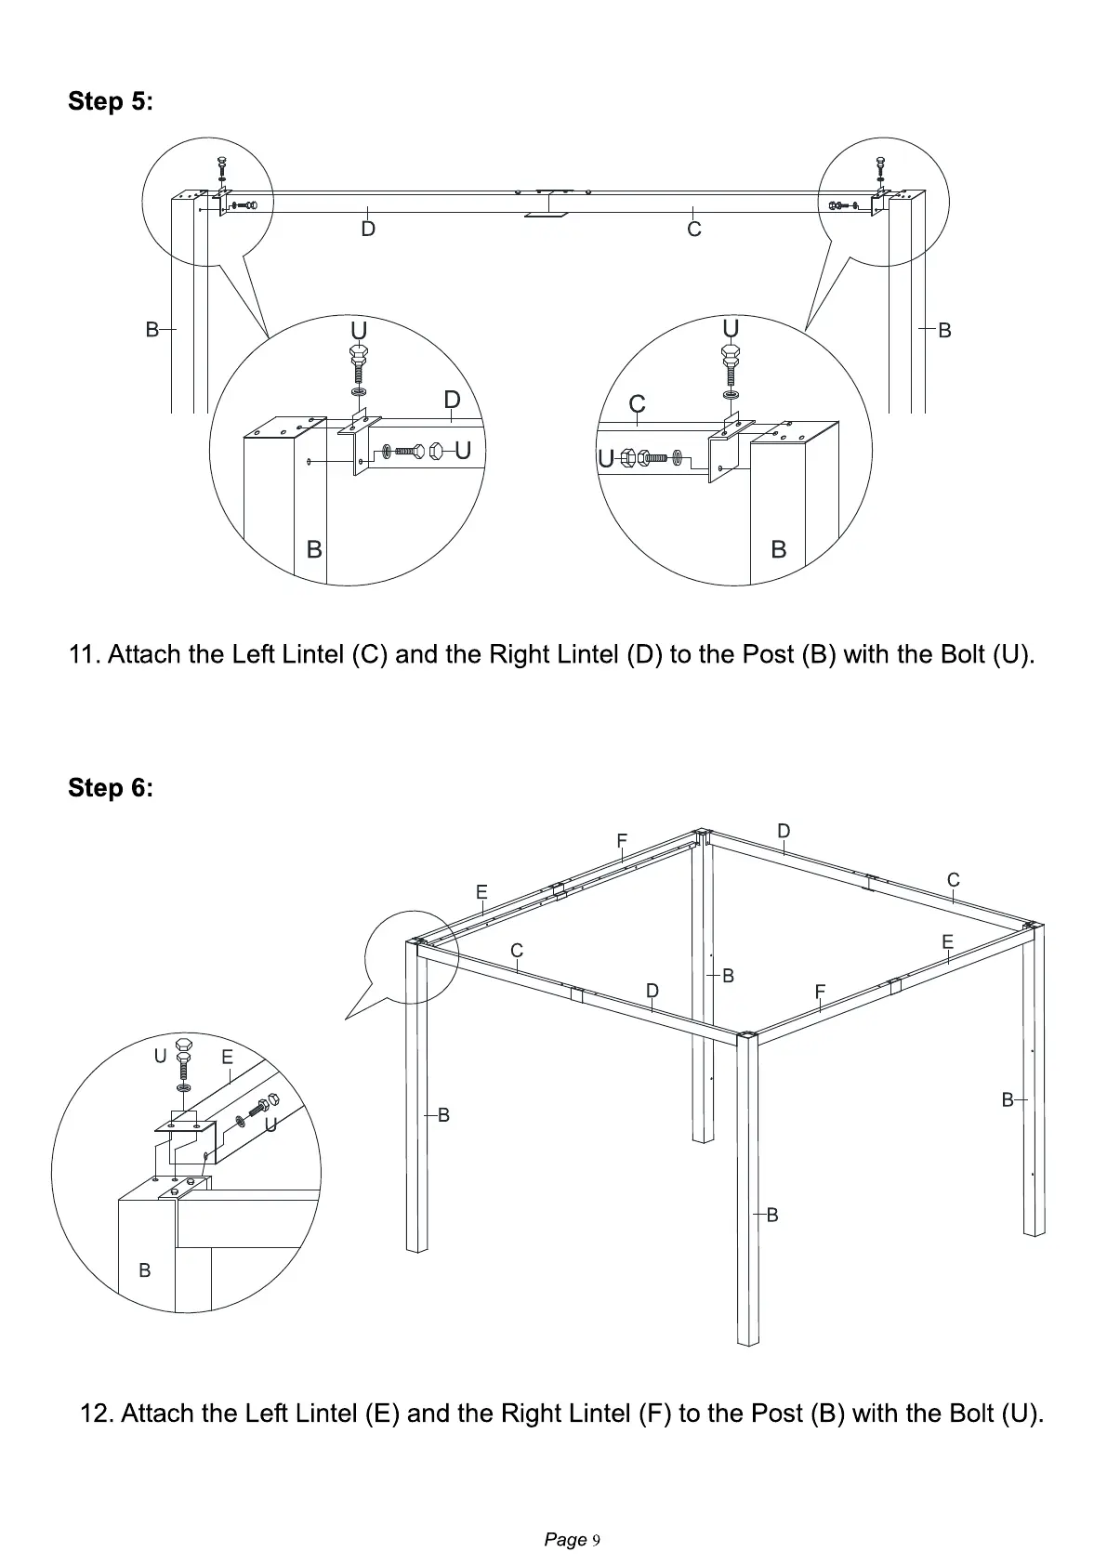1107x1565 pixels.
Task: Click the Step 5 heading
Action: point(111,101)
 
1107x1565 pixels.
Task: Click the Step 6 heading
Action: point(111,788)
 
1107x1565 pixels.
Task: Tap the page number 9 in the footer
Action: point(596,1540)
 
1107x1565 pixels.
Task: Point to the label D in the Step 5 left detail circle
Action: point(452,400)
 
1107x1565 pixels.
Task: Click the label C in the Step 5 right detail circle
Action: point(637,404)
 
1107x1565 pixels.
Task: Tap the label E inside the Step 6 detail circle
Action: point(227,1057)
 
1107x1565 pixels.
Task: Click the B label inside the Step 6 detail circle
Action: point(144,1269)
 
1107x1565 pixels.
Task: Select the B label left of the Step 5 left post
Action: point(152,329)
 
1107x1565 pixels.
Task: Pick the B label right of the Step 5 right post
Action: point(944,330)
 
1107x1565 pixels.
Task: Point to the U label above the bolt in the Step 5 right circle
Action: point(731,328)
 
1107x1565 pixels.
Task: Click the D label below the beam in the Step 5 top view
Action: point(368,229)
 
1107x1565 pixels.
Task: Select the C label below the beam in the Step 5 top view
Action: point(693,229)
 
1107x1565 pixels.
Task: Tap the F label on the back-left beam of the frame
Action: point(622,841)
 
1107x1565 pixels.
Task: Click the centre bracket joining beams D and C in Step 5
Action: point(549,204)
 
